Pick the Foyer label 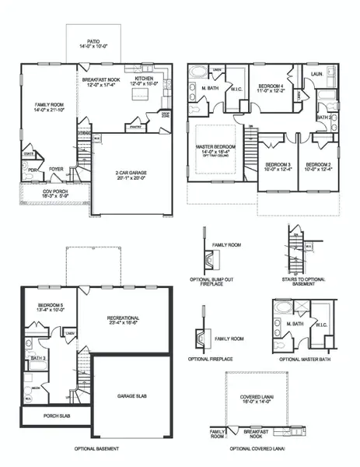[56, 168]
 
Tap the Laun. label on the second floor [318, 74]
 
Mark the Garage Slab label [131, 396]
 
